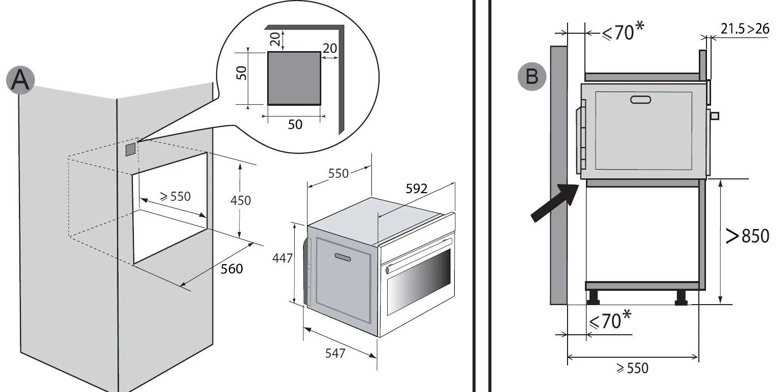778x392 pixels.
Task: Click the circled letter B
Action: pos(532,77)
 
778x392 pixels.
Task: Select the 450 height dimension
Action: pos(241,200)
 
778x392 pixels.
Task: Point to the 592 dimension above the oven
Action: pos(416,188)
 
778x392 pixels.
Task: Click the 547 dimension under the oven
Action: pos(335,353)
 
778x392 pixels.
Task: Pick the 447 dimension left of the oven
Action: pos(282,259)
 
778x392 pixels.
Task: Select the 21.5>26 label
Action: pos(744,29)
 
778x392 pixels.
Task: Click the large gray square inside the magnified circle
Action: pos(294,78)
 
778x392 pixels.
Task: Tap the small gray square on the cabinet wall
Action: pos(131,148)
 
